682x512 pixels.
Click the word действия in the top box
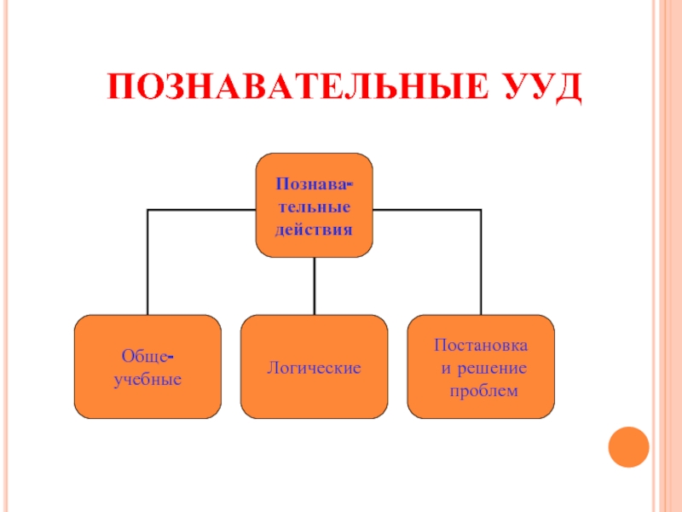pos(314,230)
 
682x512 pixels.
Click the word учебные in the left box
pos(147,378)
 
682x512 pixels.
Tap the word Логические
pos(315,368)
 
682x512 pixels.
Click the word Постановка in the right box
pos(481,346)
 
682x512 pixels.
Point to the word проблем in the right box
pos(483,390)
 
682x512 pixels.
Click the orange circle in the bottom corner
pos(628,447)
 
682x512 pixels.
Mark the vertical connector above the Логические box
pos(315,286)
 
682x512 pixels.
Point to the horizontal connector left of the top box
pos(202,210)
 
